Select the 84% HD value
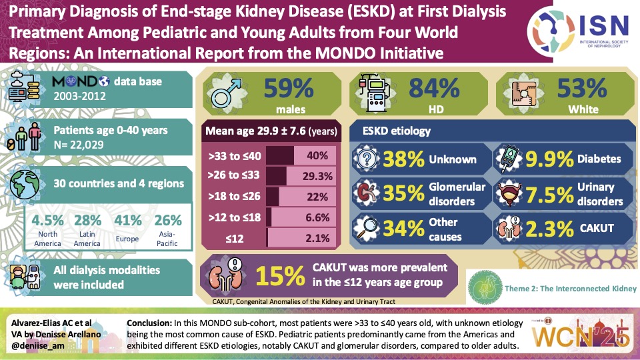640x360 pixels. pyautogui.click(x=434, y=89)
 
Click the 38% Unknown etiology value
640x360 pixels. pyautogui.click(x=403, y=160)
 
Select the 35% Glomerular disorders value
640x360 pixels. pyautogui.click(x=403, y=193)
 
